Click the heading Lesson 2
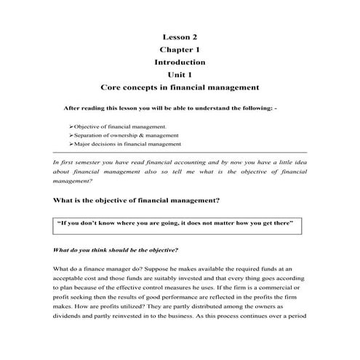tap(179, 36)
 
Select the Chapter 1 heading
tap(179, 49)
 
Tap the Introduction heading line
tap(179, 63)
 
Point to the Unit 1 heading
tap(179, 75)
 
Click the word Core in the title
tap(112, 88)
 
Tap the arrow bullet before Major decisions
tap(71, 145)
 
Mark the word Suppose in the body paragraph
tap(164, 269)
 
